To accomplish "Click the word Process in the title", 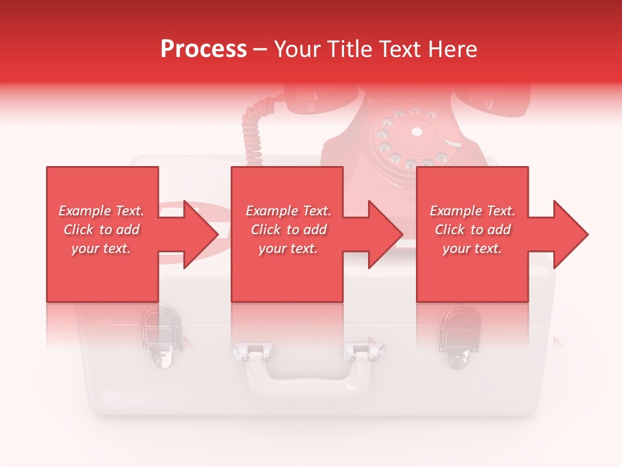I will [203, 49].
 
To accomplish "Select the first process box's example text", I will [101, 230].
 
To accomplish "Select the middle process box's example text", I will [288, 230].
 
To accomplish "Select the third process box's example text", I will [472, 230].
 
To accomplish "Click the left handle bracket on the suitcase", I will [251, 352].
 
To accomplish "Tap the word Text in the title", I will [398, 49].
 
